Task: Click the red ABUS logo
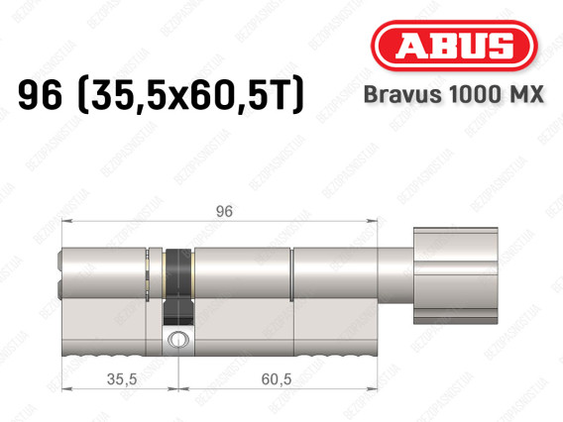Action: pyautogui.click(x=454, y=46)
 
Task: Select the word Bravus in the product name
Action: pyautogui.click(x=402, y=94)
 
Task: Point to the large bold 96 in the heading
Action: pyautogui.click(x=41, y=95)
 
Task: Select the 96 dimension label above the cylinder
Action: pyautogui.click(x=224, y=211)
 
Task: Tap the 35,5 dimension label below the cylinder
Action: pyautogui.click(x=122, y=379)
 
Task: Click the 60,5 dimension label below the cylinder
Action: pyautogui.click(x=277, y=379)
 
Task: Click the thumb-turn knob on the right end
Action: pyautogui.click(x=455, y=275)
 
